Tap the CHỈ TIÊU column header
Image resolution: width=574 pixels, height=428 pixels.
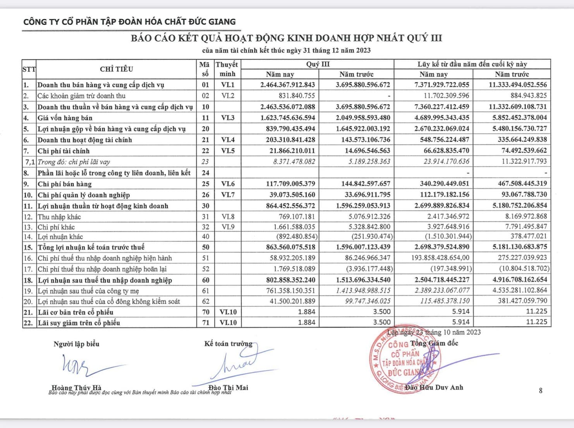[116, 69]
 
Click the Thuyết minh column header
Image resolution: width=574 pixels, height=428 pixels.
[227, 69]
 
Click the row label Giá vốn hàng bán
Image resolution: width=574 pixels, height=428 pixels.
[65, 118]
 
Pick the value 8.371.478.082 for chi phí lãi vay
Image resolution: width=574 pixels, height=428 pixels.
[294, 162]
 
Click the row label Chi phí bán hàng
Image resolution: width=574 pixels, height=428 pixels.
[64, 184]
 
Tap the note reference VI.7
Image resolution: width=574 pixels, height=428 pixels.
[228, 195]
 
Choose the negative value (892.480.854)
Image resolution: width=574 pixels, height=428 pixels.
[297, 236]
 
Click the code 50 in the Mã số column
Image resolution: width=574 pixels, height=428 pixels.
[205, 247]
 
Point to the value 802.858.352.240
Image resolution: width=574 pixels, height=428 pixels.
[290, 280]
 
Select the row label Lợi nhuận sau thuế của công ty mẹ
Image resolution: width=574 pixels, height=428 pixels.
[88, 291]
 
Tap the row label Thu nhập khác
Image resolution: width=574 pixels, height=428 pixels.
[59, 217]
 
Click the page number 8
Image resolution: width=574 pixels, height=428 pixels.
[541, 390]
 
